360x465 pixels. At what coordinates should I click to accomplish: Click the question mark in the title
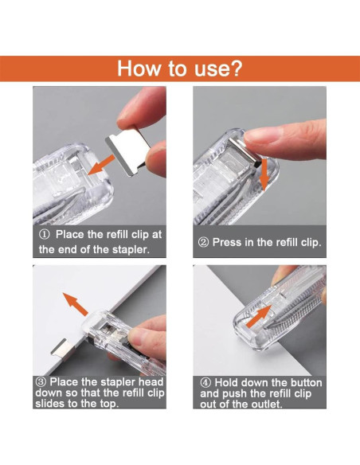coord(235,68)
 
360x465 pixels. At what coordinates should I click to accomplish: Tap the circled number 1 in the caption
coord(45,234)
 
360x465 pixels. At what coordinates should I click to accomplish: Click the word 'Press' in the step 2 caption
coord(231,242)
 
